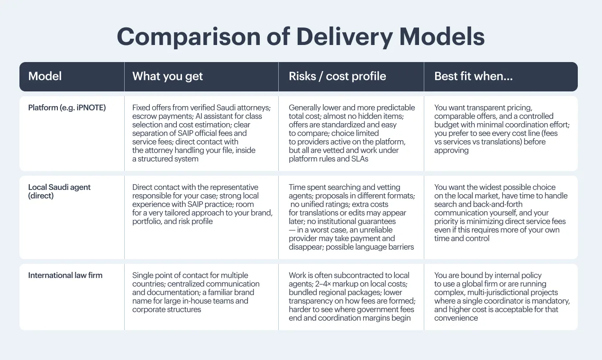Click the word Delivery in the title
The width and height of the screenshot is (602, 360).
(x=345, y=37)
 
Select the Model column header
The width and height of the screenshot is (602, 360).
(x=45, y=76)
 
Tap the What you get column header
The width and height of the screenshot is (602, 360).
(x=167, y=76)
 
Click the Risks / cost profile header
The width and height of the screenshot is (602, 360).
(x=337, y=76)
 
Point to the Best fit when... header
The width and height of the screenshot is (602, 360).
(x=474, y=76)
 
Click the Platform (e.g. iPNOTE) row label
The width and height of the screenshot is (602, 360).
(x=67, y=108)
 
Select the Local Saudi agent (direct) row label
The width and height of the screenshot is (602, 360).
(x=59, y=191)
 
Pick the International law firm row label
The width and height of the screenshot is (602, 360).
(x=65, y=275)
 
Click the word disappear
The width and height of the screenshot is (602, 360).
(x=305, y=247)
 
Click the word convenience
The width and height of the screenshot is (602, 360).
(x=456, y=318)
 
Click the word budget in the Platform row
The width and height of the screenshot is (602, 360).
(x=446, y=125)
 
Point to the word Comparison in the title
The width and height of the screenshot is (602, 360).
(x=189, y=37)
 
